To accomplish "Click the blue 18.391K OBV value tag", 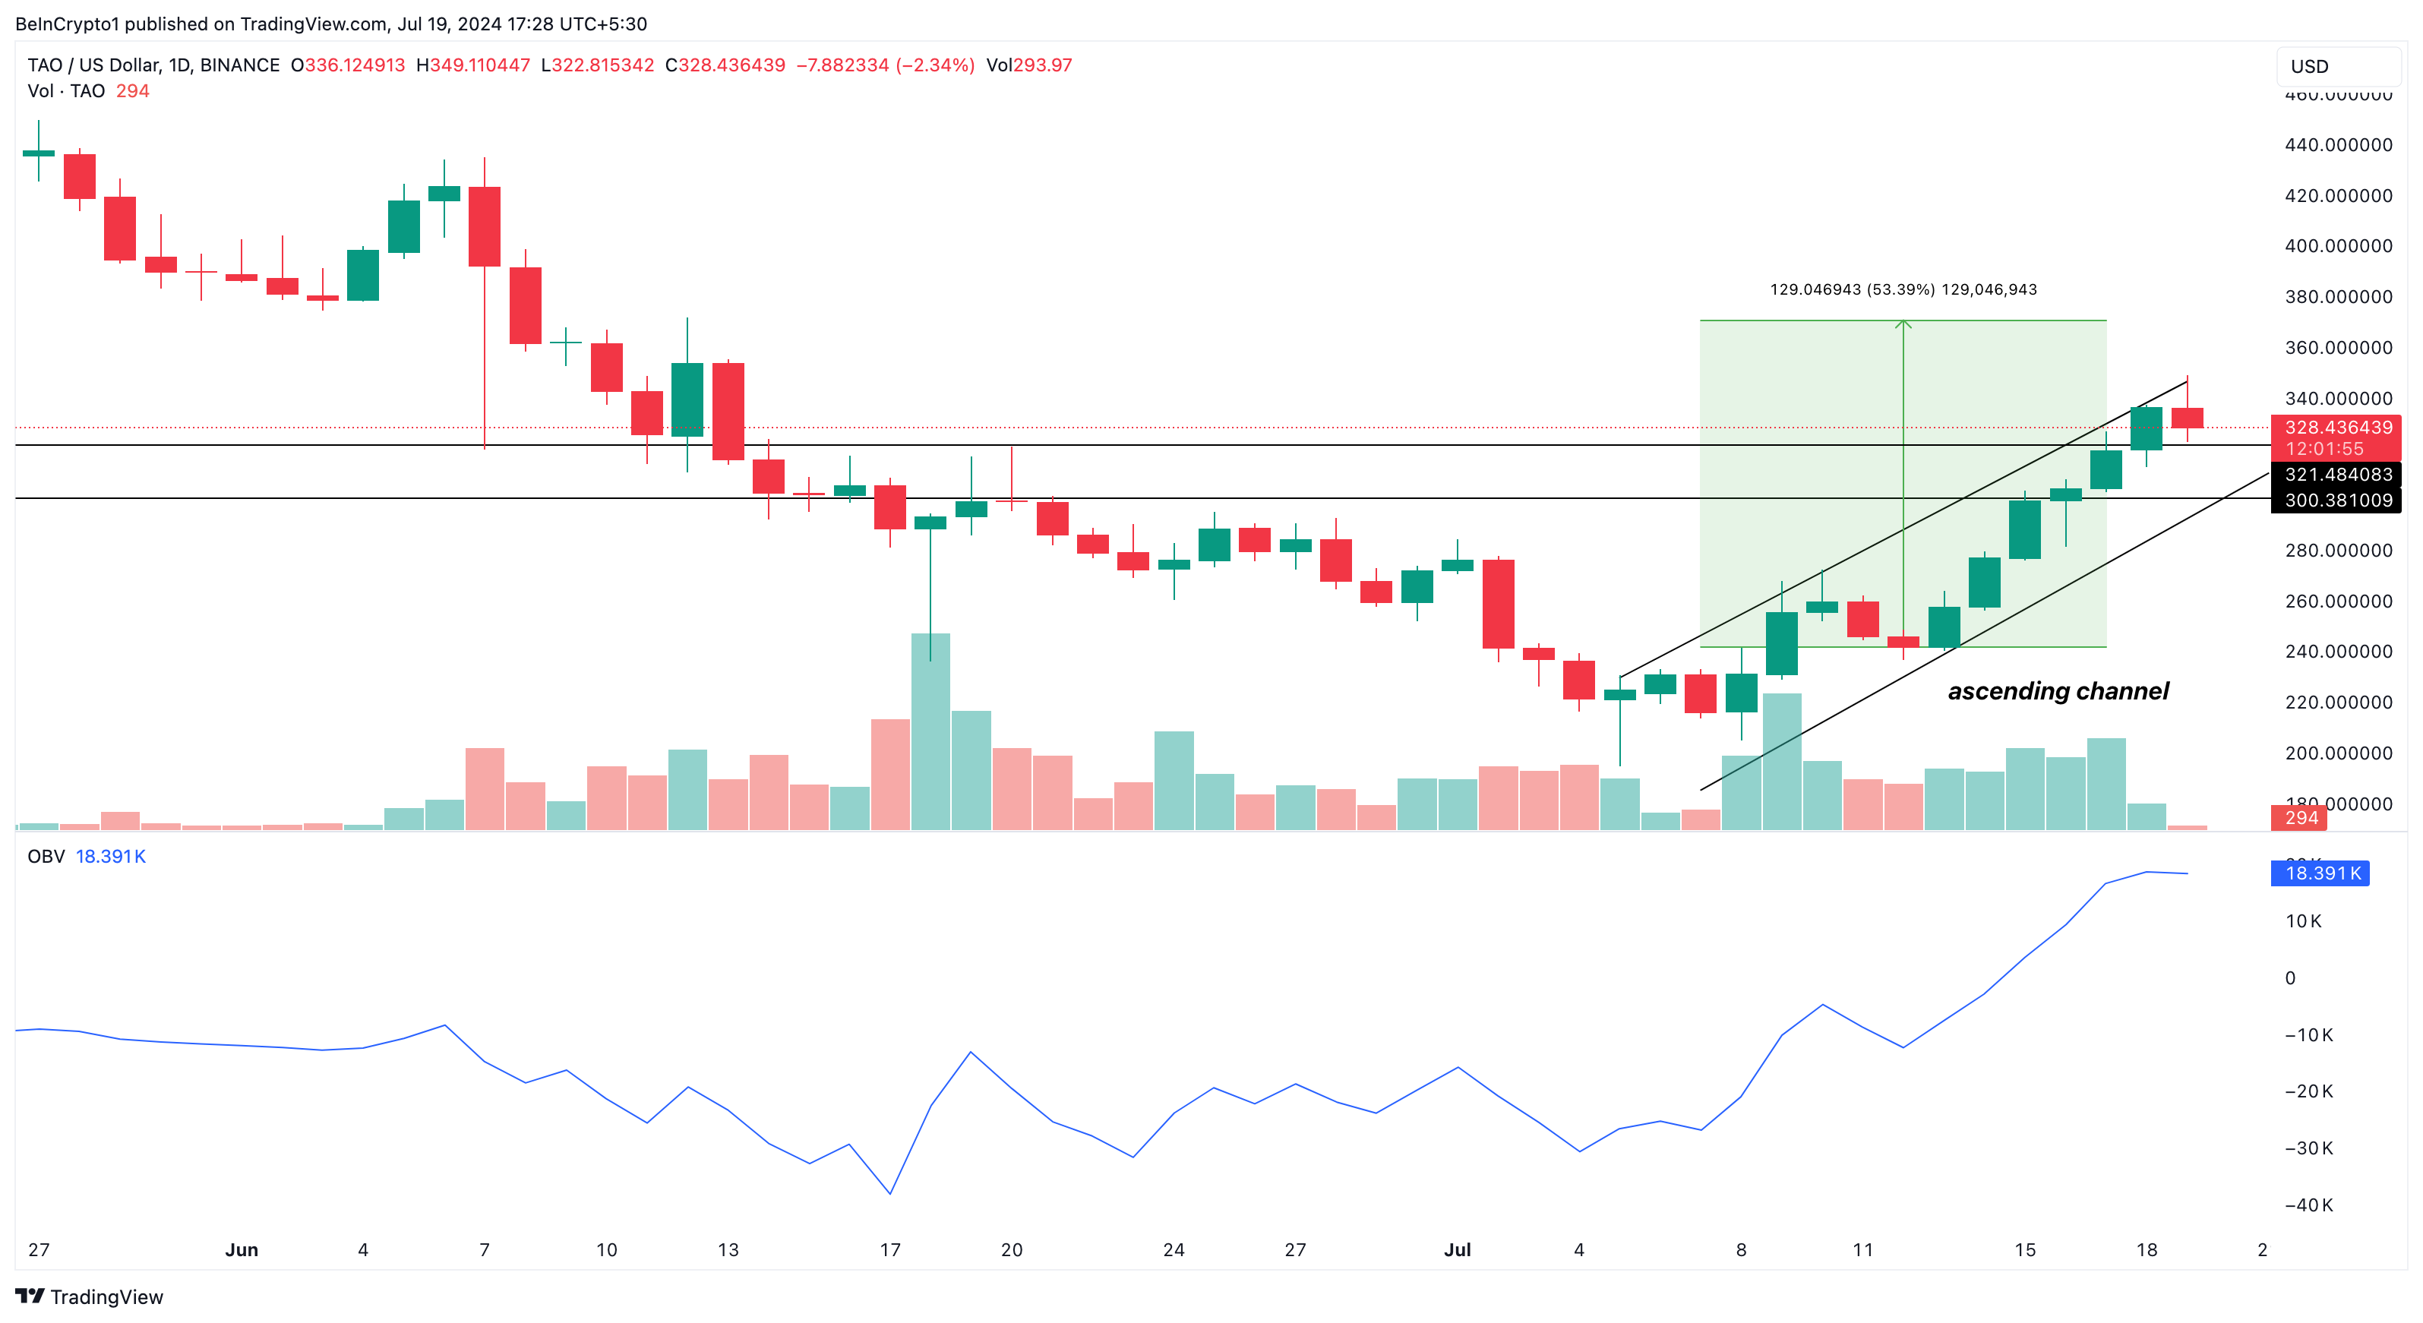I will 2321,873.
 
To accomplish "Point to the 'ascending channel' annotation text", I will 2058,691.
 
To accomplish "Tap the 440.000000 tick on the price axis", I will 2339,145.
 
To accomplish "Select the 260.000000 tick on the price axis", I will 2339,601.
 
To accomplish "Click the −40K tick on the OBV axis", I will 2308,1205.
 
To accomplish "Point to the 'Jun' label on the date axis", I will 242,1249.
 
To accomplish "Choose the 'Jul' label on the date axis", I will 1457,1249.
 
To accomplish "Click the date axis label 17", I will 889,1249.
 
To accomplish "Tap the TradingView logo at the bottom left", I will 90,1296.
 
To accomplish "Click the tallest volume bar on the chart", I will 930,731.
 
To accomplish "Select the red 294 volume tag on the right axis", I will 2301,818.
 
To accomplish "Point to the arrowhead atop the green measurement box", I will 1903,324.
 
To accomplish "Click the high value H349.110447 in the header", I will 473,65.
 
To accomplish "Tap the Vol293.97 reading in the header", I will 1029,65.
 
